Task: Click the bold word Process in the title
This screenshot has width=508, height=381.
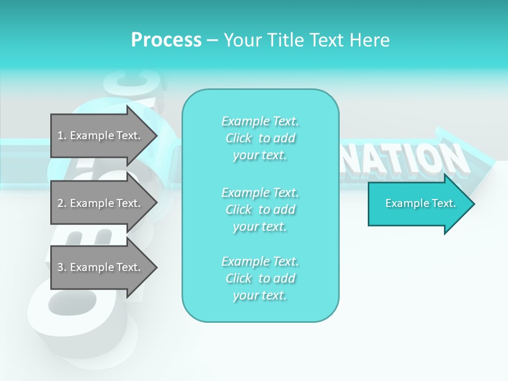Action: (166, 40)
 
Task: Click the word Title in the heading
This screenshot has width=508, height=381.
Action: (283, 40)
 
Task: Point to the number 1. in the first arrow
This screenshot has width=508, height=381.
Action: (62, 135)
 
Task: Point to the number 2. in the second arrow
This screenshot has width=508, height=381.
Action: (62, 203)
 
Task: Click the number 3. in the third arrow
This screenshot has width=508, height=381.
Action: (62, 267)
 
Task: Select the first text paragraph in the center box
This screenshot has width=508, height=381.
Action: (260, 138)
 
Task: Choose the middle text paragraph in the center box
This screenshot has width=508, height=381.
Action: (260, 209)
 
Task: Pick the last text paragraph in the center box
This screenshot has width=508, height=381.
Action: (260, 278)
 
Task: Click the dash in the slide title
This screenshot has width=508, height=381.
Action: (212, 40)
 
